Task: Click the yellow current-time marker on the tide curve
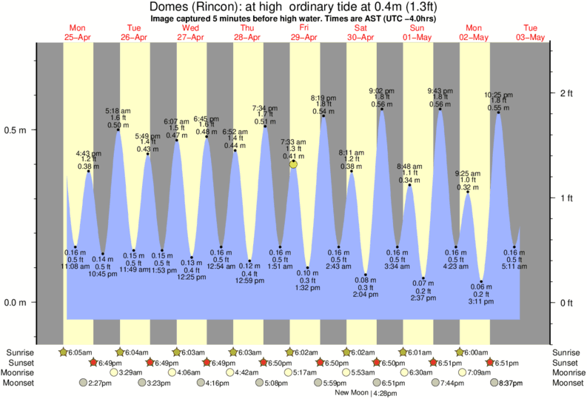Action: [294, 164]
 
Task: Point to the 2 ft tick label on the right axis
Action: [567, 93]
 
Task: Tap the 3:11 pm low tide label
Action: [481, 303]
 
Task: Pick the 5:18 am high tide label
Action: [118, 111]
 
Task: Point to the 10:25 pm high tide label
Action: [498, 95]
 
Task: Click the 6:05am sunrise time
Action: [79, 352]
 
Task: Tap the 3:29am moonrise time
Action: [130, 372]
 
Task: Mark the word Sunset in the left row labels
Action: [20, 363]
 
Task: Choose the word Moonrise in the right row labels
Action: [568, 372]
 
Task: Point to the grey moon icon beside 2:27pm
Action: [86, 383]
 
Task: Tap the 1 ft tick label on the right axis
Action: [567, 198]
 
